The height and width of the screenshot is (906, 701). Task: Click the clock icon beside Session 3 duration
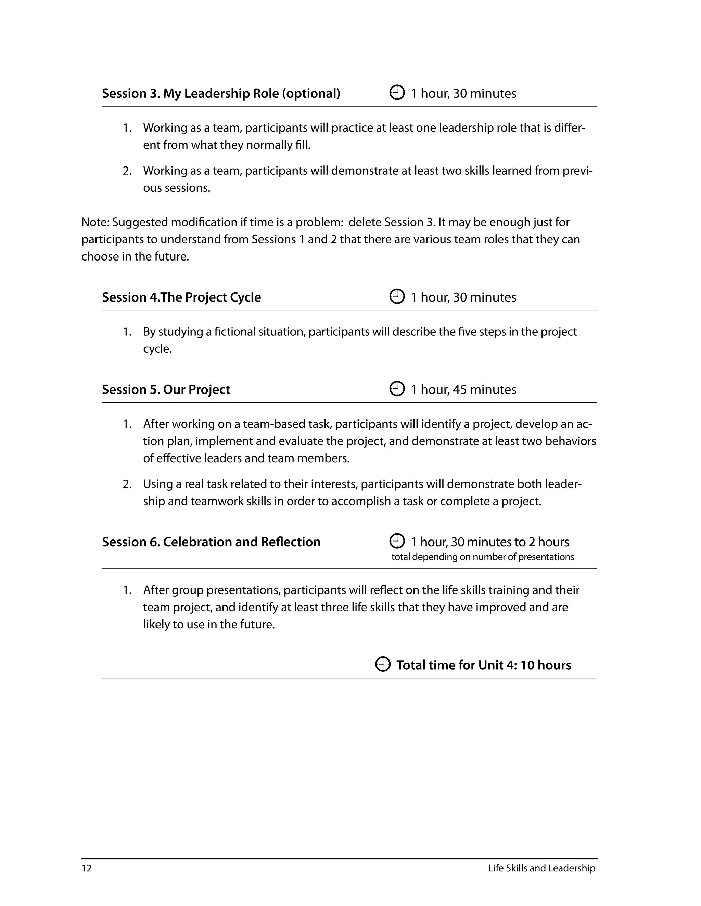(x=397, y=93)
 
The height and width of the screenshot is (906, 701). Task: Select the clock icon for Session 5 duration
(x=397, y=389)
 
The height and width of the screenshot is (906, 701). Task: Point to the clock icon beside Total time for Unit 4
(x=382, y=664)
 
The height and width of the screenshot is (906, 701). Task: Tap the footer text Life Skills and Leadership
(x=541, y=868)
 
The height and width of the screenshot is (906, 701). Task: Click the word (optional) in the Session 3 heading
(x=311, y=93)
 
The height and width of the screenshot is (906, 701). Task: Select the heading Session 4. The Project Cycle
(x=181, y=297)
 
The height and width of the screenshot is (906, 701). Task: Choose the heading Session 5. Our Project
(x=166, y=389)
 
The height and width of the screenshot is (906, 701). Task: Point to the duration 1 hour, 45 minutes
(x=463, y=389)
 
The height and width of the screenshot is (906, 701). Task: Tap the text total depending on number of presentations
(x=483, y=557)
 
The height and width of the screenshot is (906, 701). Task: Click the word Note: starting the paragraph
(x=95, y=222)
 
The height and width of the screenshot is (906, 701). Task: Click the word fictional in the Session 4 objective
(x=230, y=332)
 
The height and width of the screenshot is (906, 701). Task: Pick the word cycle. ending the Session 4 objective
(x=157, y=349)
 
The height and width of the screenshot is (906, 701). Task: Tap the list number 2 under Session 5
(x=127, y=484)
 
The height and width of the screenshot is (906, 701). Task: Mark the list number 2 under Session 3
(x=127, y=171)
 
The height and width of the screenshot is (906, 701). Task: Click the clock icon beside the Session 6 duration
(x=397, y=541)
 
